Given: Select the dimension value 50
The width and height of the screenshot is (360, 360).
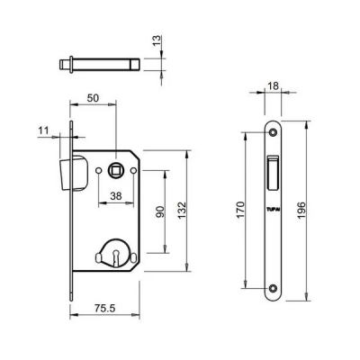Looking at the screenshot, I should tap(93, 97).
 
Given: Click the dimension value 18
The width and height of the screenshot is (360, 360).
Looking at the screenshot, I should tap(274, 87).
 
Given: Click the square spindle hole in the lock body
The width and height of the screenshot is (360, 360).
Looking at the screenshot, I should tap(116, 169).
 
